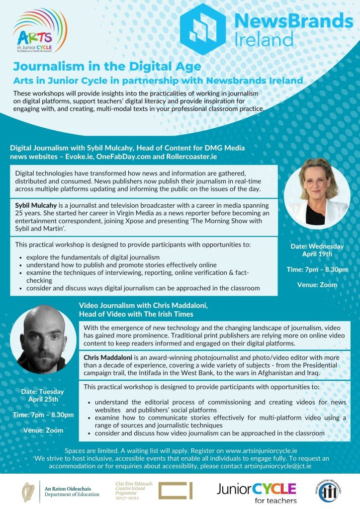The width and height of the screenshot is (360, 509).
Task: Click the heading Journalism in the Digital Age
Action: tap(107, 67)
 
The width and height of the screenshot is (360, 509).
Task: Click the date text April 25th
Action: tap(43, 399)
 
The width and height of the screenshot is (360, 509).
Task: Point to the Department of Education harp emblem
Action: tap(28, 492)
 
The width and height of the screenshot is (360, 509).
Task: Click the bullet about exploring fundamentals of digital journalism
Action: tap(93, 257)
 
